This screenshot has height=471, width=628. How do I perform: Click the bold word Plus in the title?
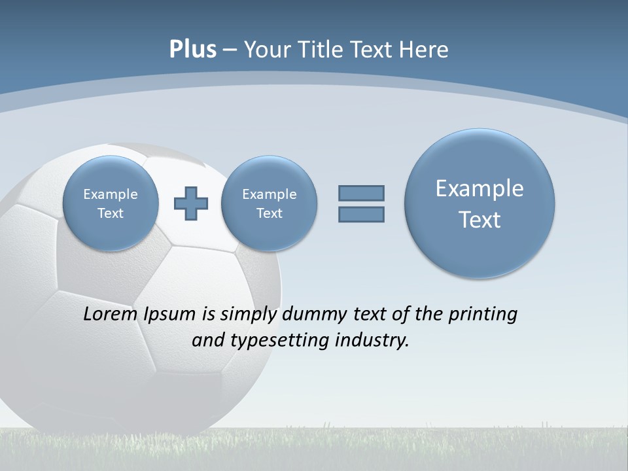click(x=192, y=50)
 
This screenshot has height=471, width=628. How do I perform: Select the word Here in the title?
click(x=425, y=50)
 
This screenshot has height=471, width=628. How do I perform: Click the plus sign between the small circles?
click(x=190, y=203)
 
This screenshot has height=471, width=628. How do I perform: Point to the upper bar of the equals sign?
click(x=361, y=193)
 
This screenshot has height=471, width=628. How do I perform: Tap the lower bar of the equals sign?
click(x=361, y=215)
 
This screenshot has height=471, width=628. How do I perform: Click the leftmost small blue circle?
click(x=111, y=203)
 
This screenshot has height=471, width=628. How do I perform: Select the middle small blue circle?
click(x=269, y=203)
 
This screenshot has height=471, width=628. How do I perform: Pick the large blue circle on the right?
click(x=480, y=203)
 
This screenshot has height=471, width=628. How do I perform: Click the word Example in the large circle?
click(x=480, y=188)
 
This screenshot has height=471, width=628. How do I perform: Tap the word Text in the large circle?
click(x=480, y=220)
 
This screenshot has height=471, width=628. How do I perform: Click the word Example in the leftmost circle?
click(x=111, y=194)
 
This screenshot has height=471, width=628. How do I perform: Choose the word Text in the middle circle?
click(x=269, y=213)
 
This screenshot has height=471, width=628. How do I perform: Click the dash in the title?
click(x=230, y=50)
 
